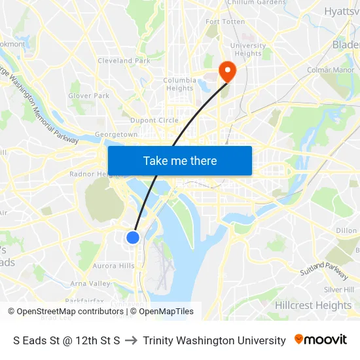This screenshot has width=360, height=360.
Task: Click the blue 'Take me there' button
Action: click(x=180, y=160)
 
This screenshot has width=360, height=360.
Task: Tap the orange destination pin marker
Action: click(x=227, y=71)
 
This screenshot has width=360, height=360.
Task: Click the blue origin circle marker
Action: click(x=133, y=237)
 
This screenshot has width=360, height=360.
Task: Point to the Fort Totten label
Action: click(x=225, y=22)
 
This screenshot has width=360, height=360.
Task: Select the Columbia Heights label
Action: click(x=179, y=84)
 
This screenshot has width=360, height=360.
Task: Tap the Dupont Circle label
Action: click(x=154, y=120)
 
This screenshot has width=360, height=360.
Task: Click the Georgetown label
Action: click(x=117, y=134)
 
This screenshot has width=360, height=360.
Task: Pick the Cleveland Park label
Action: click(x=124, y=61)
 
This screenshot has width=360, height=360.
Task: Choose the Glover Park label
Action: click(x=89, y=96)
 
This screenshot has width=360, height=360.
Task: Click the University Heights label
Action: click(x=248, y=50)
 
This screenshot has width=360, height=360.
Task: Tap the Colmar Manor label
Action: click(x=331, y=70)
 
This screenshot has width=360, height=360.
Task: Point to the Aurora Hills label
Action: click(x=113, y=266)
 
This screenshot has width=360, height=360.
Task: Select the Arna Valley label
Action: click(x=90, y=283)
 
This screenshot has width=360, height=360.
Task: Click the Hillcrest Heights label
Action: click(x=313, y=306)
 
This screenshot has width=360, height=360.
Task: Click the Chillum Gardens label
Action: click(x=257, y=3)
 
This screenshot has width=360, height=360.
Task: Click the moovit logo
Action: click(x=321, y=340)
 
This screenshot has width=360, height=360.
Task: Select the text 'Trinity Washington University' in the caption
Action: click(x=214, y=340)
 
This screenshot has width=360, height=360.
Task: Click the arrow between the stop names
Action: click(x=131, y=340)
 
